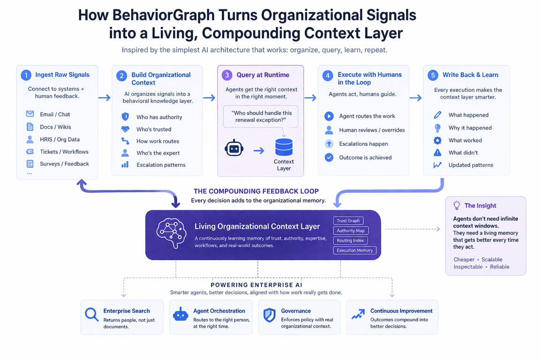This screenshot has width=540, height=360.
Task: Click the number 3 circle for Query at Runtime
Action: pos(227,75)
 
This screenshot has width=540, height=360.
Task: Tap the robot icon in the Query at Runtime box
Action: pos(234,149)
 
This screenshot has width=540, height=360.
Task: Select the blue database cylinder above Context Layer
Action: pos(284,147)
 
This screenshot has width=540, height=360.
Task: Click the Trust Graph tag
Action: pos(348,221)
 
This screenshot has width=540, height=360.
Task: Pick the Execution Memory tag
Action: pos(355,250)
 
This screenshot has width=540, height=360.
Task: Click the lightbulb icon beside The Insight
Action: pos(457,205)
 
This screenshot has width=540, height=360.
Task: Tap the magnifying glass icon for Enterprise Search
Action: pos(91,315)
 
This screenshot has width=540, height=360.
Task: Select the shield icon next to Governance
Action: pos(269,315)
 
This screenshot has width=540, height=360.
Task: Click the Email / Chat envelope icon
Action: pos(30,114)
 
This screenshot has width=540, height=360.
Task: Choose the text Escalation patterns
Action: pos(161,165)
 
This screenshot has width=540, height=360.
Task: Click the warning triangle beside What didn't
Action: pos(437,152)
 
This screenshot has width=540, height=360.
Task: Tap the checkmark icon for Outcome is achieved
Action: pos(329,157)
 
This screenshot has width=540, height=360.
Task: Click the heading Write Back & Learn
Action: pos(470,75)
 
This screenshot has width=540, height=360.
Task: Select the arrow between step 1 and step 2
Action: pos(105,98)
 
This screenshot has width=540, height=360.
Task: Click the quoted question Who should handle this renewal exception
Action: pos(261,116)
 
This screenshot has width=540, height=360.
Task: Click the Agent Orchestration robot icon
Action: pos(180,315)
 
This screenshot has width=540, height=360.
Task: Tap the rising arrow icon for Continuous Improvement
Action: pos(358,314)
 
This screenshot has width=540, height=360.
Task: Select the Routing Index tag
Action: pos(350,240)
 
